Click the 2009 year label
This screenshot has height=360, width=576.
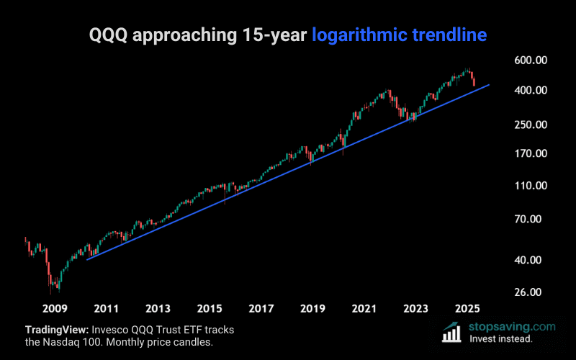[x=55, y=309]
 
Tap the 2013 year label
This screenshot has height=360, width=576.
[x=158, y=309]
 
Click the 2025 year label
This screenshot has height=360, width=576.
[x=467, y=309]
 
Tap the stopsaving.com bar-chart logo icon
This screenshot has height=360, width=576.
[x=451, y=331]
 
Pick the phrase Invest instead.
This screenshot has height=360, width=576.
[x=500, y=338]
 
